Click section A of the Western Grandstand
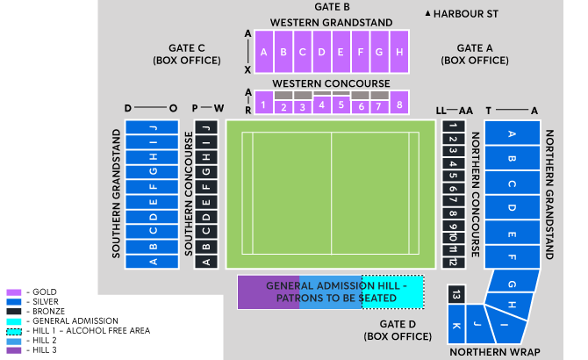click(264, 52)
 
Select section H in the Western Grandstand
click(399, 52)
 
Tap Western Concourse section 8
click(399, 105)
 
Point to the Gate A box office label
click(475, 54)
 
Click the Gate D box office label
click(387, 330)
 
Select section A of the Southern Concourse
click(206, 261)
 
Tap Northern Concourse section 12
click(452, 262)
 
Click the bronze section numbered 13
click(455, 296)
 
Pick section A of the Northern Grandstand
click(512, 134)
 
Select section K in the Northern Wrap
click(455, 327)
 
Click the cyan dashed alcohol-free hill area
click(392, 292)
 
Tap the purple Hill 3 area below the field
click(268, 292)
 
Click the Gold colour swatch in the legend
click(12, 292)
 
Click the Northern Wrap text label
click(490, 352)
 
